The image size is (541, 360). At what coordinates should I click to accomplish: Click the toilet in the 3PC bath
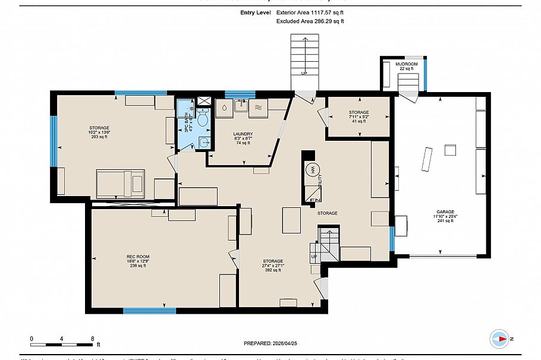203,120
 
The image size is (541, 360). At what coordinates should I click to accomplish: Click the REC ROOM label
137,261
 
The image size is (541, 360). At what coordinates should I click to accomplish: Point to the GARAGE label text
445,216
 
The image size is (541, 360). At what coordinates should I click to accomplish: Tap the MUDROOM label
407,66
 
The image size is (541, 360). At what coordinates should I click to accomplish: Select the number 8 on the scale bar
92,337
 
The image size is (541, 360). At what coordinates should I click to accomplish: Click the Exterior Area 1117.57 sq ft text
310,12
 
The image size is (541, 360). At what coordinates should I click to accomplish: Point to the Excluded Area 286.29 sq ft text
310,21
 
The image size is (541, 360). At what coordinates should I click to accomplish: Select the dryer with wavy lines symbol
259,108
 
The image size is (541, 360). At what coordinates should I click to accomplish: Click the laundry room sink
241,106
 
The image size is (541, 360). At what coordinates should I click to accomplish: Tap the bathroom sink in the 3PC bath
203,141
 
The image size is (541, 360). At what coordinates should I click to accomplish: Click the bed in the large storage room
121,182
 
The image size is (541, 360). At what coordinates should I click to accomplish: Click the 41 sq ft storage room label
359,116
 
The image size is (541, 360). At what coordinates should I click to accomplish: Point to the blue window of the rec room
141,310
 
